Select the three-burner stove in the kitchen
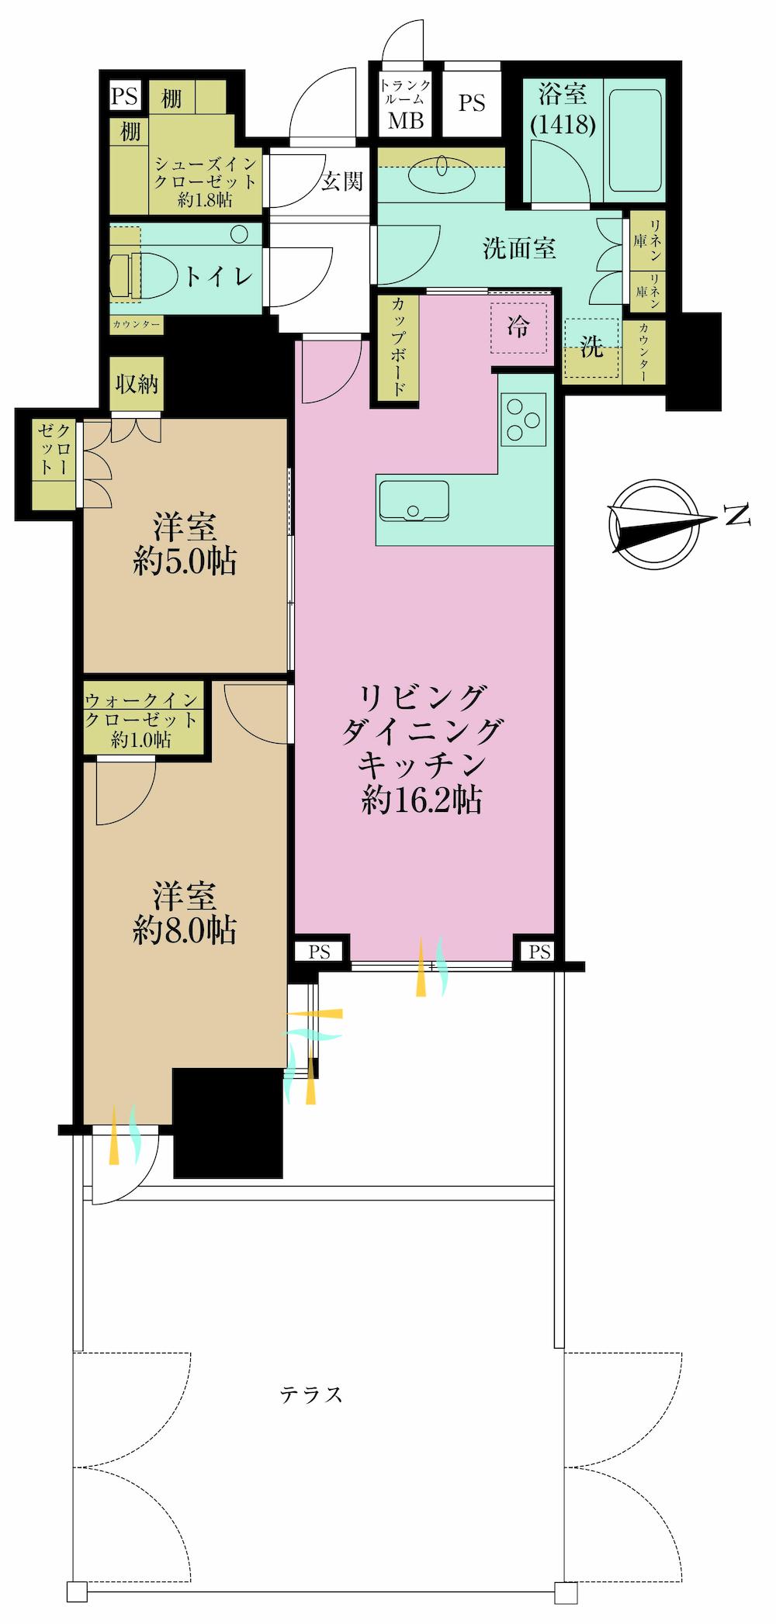coord(523,419)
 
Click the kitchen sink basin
coord(413,500)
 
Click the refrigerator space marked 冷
coord(518,327)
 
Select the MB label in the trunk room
coord(405,120)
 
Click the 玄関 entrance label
coord(341,181)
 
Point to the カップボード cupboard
coord(397,348)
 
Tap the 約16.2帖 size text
coord(422,800)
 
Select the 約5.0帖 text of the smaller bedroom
coord(185,561)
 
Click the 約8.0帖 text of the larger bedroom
coord(185,930)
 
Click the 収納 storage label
coord(137,383)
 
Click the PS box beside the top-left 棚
coord(124,96)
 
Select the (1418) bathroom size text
coord(563,124)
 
